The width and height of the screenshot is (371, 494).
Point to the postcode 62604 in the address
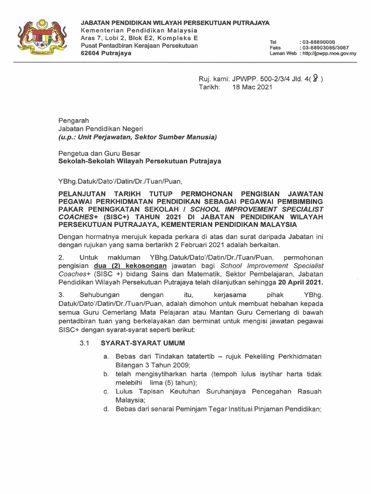pos(90,54)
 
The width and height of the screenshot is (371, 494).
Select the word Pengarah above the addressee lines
pos(73,120)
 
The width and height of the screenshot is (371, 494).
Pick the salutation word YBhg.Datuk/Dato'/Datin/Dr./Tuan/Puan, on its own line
pos(121,181)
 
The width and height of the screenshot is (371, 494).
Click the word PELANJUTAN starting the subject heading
pos(85,193)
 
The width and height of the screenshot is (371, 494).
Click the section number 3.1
pos(85,343)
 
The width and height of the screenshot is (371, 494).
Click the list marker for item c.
pos(105,391)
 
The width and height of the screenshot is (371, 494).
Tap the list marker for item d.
pos(105,409)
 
